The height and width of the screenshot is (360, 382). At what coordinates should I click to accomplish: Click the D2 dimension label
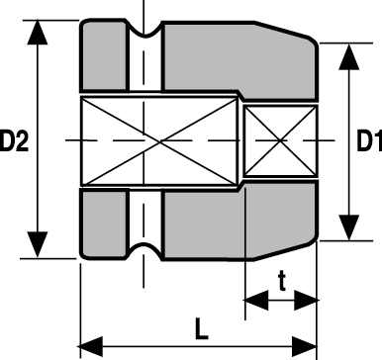point(14,140)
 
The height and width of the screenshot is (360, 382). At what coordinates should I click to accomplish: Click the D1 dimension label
point(369,140)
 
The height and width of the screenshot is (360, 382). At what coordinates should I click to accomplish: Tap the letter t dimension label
point(281,281)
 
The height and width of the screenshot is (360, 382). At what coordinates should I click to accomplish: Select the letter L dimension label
point(201,328)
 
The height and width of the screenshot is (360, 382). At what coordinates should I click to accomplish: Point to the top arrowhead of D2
point(38,32)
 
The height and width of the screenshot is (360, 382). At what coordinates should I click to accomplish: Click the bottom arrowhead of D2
point(38,244)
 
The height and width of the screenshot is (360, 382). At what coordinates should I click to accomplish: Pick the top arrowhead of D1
point(349,56)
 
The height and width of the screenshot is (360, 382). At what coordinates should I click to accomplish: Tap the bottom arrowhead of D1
point(349,227)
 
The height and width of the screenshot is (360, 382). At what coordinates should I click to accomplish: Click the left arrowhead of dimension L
point(90,347)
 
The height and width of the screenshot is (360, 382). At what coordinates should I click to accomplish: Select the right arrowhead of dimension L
point(305,347)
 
